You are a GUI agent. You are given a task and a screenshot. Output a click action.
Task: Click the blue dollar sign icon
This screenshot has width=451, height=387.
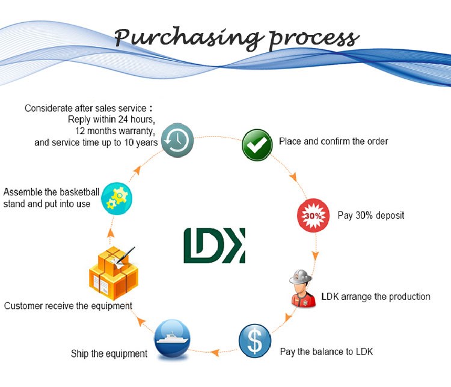[x=255, y=341]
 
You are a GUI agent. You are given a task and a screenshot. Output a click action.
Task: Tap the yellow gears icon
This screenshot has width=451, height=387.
[x=117, y=197]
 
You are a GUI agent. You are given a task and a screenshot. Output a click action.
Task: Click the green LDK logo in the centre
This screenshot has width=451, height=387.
[x=214, y=245]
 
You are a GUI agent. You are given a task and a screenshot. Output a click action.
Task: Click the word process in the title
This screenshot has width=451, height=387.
[x=314, y=38]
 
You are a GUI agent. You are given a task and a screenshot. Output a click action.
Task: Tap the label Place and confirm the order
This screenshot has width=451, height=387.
[x=333, y=142]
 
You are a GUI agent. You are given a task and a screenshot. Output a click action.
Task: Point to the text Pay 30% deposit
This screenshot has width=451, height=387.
[x=370, y=215]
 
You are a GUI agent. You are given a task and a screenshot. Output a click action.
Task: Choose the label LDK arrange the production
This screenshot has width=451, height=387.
[x=376, y=296]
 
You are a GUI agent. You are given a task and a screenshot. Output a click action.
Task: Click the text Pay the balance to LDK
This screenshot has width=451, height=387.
[x=326, y=351]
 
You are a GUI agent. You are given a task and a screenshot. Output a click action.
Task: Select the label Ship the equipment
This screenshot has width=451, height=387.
[x=109, y=353]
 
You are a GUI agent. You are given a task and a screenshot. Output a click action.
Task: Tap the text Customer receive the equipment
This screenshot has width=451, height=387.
[x=68, y=306]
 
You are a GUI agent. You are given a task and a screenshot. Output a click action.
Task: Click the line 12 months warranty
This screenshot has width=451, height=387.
[x=115, y=131]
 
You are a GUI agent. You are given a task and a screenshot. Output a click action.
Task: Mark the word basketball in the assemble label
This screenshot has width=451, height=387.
[x=75, y=192]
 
